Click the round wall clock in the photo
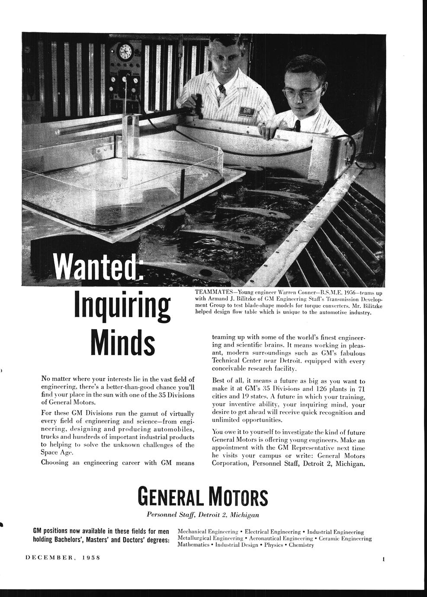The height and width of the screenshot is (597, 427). [124, 53]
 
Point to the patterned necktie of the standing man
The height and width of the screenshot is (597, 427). [222, 89]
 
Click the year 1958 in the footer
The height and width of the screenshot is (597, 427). [91, 558]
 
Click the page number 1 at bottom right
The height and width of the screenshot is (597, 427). [383, 559]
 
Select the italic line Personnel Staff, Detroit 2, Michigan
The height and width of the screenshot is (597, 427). [203, 515]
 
